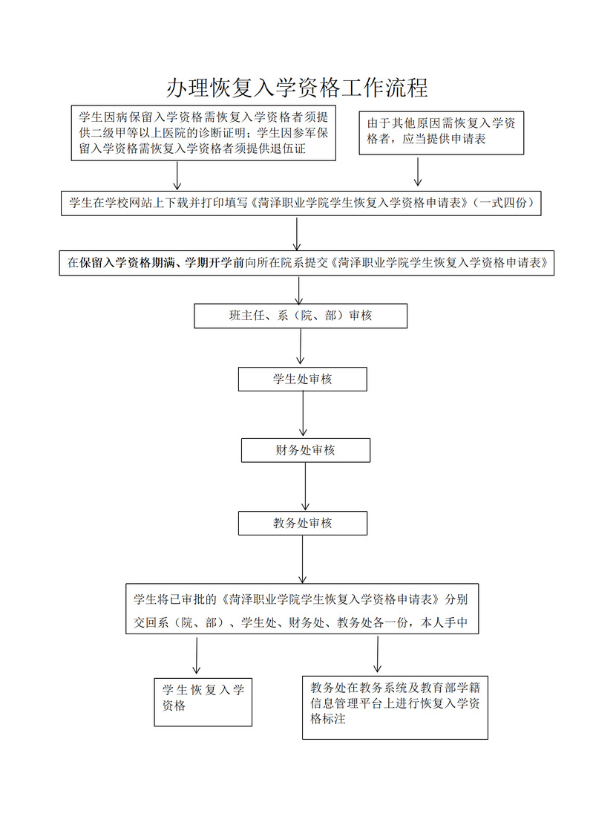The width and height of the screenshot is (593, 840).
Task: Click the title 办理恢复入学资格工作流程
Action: point(297,88)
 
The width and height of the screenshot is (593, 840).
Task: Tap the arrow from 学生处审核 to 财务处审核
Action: point(303,414)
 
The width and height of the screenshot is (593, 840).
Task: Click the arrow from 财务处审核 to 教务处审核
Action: point(306,486)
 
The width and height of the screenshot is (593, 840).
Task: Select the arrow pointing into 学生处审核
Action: point(301,347)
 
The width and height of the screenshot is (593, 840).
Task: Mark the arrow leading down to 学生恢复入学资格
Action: point(197,655)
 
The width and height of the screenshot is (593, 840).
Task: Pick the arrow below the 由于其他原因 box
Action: point(418,171)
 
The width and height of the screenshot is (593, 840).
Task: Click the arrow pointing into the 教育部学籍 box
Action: point(377,654)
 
